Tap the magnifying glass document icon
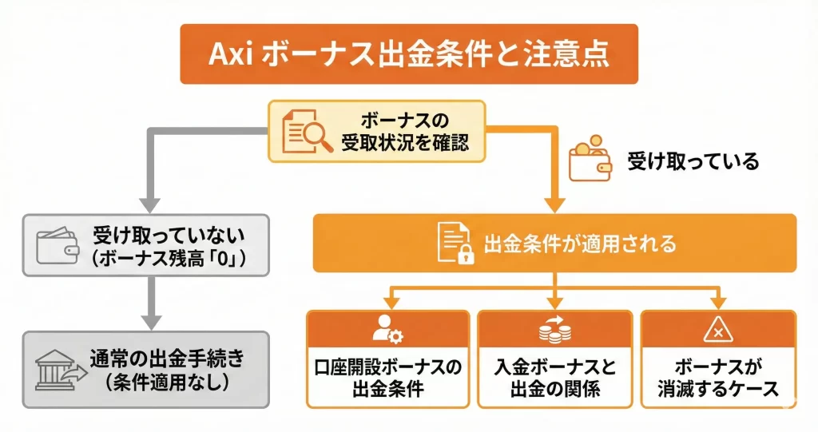pyautogui.click(x=307, y=131)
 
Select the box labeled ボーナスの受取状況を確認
pyautogui.click(x=376, y=132)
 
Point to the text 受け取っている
pyautogui.click(x=692, y=162)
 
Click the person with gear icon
pyautogui.click(x=387, y=330)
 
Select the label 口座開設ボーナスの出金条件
pyautogui.click(x=387, y=378)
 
